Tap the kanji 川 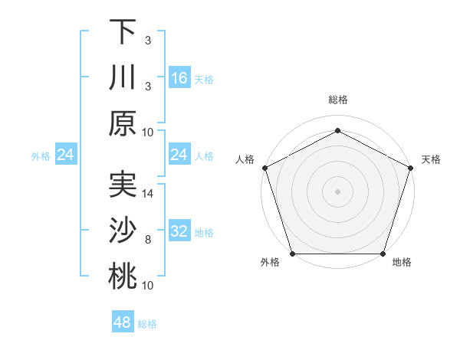[x=123, y=77]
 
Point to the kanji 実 [x=123, y=185]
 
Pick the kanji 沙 [x=123, y=231]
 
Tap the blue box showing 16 [x=179, y=77]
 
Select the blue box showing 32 [x=179, y=231]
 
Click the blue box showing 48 [x=122, y=322]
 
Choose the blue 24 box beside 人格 [x=179, y=155]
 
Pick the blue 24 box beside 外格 [x=66, y=155]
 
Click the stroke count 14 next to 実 [x=149, y=194]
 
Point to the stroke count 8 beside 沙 [x=149, y=240]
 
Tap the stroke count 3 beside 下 [x=149, y=40]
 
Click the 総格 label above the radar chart [x=337, y=100]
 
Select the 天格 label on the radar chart [x=431, y=159]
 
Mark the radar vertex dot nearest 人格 [x=265, y=167]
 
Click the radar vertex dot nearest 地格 [x=383, y=254]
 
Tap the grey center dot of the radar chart [x=337, y=191]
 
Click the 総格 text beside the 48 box [x=147, y=324]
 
